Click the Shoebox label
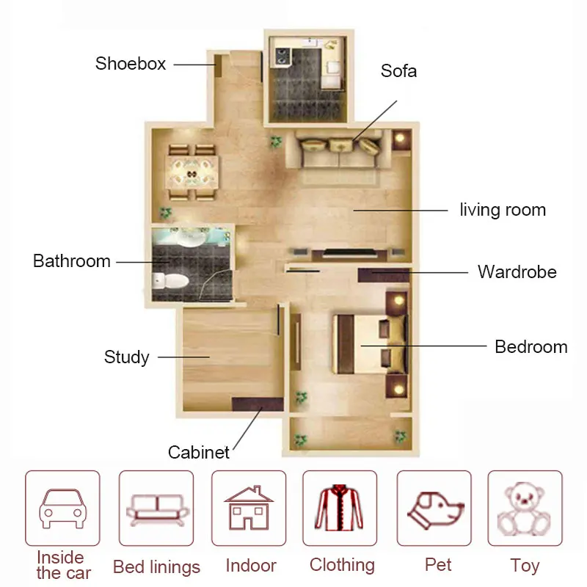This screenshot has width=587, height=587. tap(131, 64)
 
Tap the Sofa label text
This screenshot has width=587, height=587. tap(398, 71)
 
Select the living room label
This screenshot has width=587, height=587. tap(503, 210)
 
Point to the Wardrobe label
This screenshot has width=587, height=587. tap(517, 271)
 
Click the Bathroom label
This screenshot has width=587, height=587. tap(72, 261)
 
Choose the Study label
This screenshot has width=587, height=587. tap(126, 357)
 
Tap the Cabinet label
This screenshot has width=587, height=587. tap(198, 452)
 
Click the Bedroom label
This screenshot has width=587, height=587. tap(531, 346)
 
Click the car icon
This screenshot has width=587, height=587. tap(63, 508)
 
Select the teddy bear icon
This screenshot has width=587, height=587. tap(524, 509)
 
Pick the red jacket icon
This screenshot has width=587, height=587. tap(339, 508)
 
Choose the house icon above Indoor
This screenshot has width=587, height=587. tap(249, 508)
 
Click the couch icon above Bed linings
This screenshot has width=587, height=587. tap(157, 510)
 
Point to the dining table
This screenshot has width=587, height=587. tap(192, 173)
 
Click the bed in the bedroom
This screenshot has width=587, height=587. tap(370, 344)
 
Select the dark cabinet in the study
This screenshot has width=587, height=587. tap(258, 404)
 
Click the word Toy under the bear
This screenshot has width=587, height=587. tap(525, 566)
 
